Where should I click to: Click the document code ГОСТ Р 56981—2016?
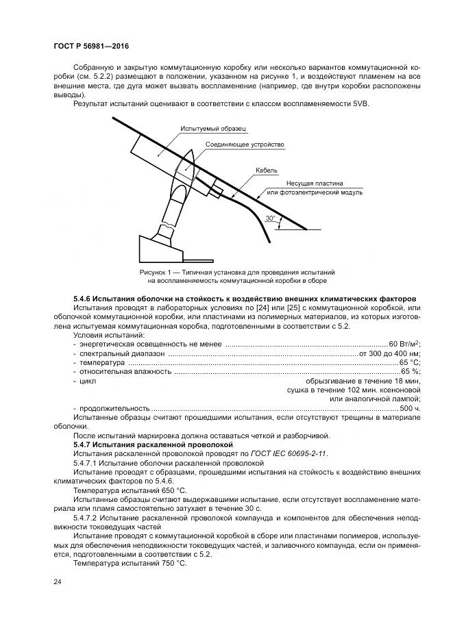(91, 47)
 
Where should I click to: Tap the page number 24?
(57, 581)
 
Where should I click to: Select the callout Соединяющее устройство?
(245, 145)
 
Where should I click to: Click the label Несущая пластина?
(315, 184)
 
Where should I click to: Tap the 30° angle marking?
(271, 219)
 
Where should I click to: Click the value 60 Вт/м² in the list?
(404, 344)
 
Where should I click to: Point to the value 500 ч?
(410, 407)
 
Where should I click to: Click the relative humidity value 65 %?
(411, 371)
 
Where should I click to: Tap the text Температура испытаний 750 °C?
(130, 563)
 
